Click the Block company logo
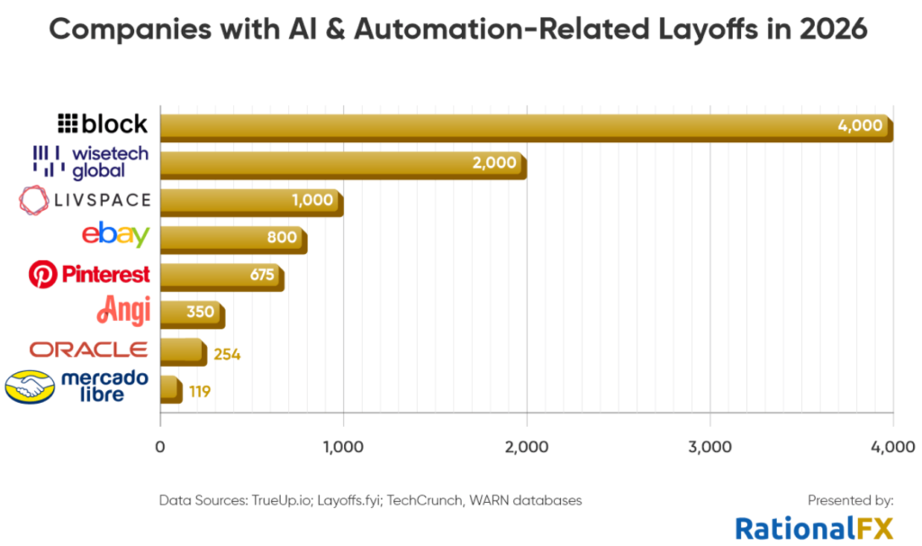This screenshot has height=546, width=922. click(x=103, y=123)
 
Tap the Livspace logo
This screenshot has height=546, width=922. click(x=85, y=200)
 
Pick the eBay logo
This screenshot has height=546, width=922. click(x=115, y=236)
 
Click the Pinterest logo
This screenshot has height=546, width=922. click(x=89, y=274)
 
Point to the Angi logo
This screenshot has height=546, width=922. click(x=123, y=311)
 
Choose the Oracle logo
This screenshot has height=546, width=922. click(x=88, y=349)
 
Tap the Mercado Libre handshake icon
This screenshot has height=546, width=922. click(x=29, y=387)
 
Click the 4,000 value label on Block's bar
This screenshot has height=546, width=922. click(x=859, y=125)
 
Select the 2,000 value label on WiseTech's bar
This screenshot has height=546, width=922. click(x=494, y=163)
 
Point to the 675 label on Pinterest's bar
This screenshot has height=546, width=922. click(x=261, y=275)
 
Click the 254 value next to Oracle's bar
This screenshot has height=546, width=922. click(x=227, y=354)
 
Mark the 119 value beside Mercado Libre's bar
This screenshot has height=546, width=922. click(x=200, y=392)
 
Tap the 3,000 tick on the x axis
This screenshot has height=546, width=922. click(x=710, y=445)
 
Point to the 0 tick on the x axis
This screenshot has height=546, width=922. click(x=160, y=445)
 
